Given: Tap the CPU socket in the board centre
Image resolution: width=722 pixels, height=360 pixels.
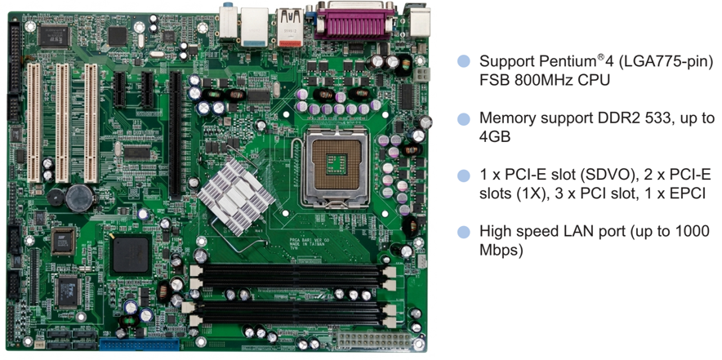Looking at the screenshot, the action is click(336, 165).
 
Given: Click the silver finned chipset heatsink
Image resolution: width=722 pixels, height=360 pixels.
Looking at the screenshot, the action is click(235, 197).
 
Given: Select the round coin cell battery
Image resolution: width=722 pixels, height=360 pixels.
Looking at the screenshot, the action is click(80, 198).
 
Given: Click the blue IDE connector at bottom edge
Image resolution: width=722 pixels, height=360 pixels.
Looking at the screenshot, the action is click(139, 344).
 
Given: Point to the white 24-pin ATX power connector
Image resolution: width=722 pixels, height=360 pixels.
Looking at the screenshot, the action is click(373, 341).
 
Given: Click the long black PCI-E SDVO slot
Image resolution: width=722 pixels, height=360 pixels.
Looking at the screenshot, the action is click(175, 135).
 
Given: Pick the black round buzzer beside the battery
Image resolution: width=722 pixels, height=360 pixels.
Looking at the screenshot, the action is click(56, 197).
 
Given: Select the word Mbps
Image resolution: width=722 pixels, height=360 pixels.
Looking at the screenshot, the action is click(501, 250).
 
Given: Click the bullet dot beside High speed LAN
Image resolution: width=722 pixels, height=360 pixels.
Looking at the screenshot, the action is click(464, 232).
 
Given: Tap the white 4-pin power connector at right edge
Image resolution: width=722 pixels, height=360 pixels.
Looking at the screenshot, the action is click(421, 74).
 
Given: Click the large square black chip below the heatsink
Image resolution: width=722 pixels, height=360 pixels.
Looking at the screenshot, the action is click(131, 254).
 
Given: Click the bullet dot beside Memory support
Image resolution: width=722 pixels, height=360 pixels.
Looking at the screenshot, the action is click(464, 118).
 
